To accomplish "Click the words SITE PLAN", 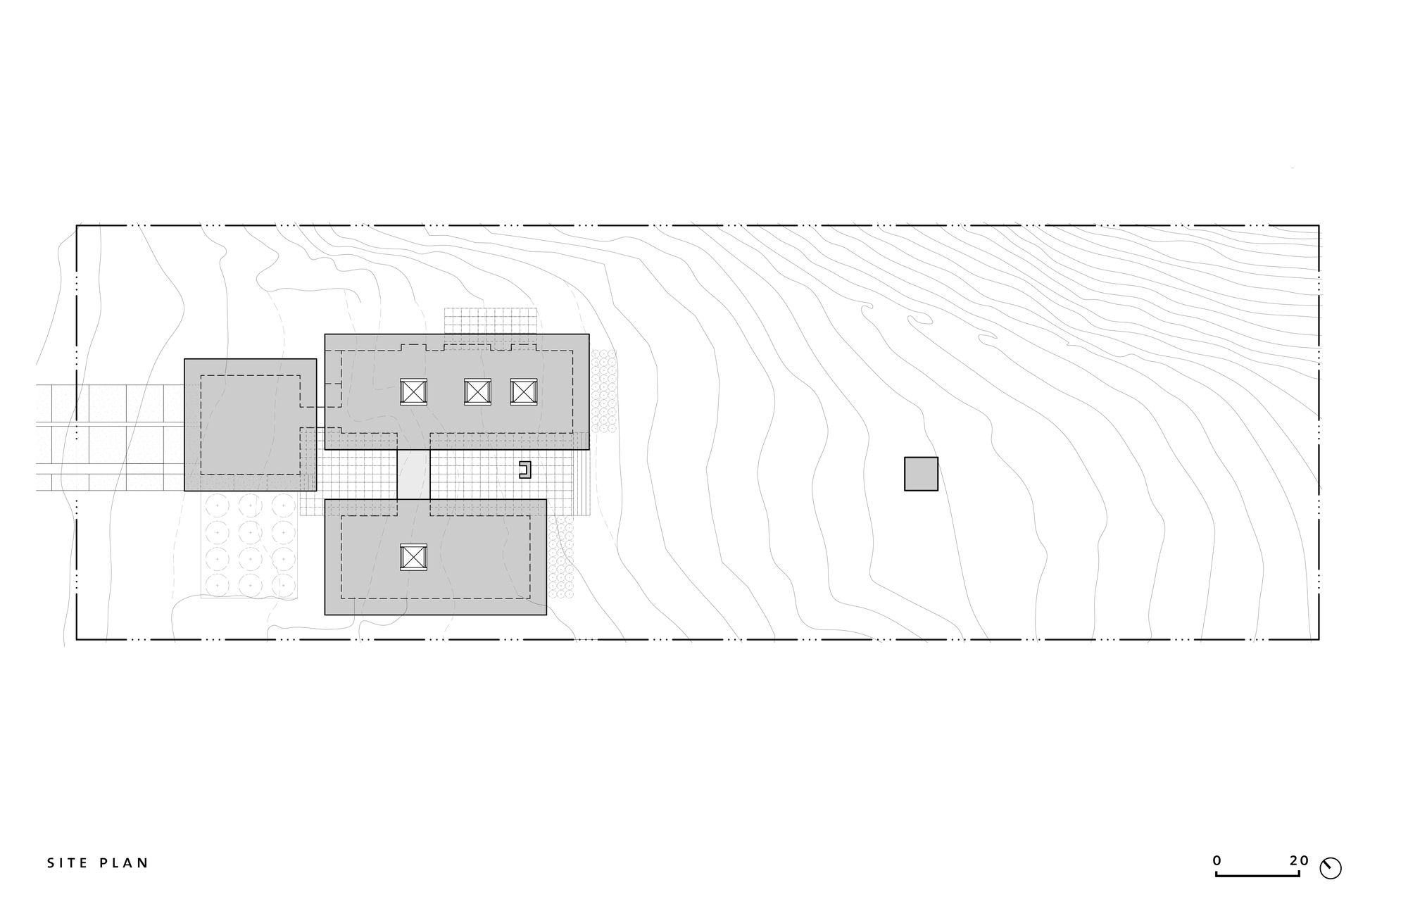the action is coord(98,863).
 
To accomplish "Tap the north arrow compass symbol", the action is coord(1331,869).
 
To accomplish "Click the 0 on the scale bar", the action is coord(1217,860).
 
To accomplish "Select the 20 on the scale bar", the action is coord(1299,860).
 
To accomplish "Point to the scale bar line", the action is coord(1257,875).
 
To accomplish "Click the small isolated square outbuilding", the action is coord(921,474).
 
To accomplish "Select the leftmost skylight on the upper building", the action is coord(413,391).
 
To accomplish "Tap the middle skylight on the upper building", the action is coord(477,391).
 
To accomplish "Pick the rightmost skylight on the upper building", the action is coord(523,391).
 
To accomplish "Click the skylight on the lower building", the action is coord(413,557).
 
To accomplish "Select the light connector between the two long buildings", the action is coord(413,475).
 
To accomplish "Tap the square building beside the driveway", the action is coord(250,425).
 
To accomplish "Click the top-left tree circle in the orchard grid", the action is coord(217,505).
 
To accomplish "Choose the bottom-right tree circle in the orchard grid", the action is coord(283,584).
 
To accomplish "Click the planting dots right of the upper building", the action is coord(603,391).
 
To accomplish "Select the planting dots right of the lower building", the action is coord(560,557).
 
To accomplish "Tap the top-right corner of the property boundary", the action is coord(1319,225).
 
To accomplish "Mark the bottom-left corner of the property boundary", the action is coord(77,639).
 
